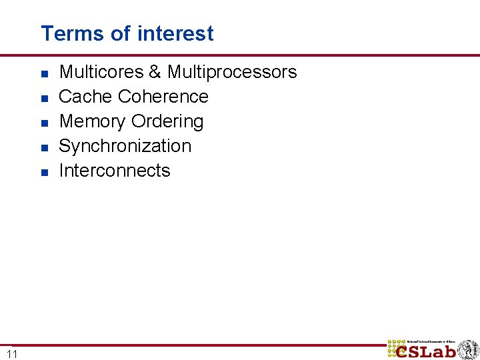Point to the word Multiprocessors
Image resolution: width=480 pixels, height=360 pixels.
click(232, 72)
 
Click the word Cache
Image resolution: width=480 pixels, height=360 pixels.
click(86, 97)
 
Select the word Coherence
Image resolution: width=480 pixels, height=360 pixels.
click(163, 97)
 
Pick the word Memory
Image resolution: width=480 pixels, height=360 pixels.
click(93, 121)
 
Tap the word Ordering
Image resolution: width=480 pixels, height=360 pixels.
click(167, 122)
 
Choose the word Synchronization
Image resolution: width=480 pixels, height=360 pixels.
click(125, 146)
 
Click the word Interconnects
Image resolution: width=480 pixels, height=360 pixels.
click(115, 171)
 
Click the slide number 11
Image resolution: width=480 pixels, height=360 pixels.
click(12, 353)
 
